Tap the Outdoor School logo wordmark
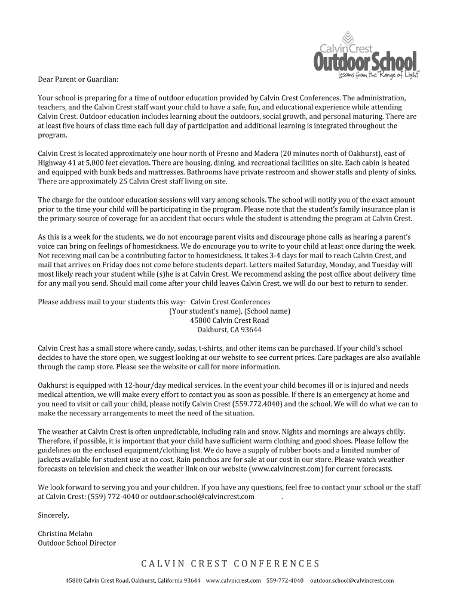point(366,62)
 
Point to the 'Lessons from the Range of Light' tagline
point(378,74)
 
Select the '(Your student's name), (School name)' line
point(229,311)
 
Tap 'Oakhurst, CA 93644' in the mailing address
point(229,329)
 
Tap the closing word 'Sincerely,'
point(54,515)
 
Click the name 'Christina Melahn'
point(66,534)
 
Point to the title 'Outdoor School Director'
point(77,543)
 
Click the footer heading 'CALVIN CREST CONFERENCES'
point(231,564)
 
